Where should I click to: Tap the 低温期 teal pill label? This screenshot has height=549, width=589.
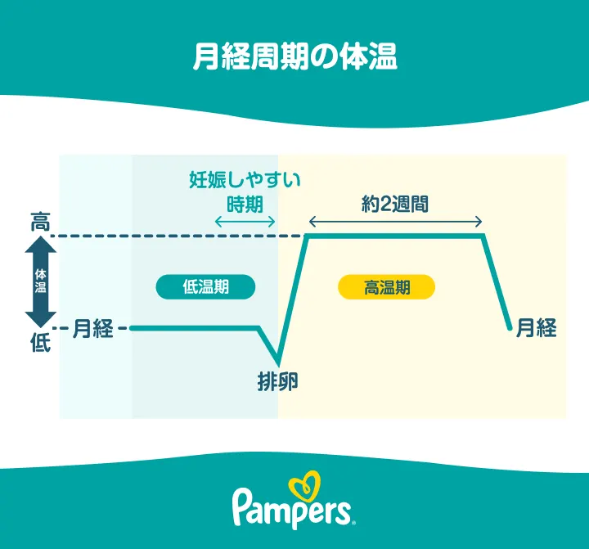pyautogui.click(x=205, y=286)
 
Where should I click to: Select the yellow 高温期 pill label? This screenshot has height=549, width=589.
pyautogui.click(x=386, y=286)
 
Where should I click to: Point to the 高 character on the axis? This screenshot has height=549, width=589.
pyautogui.click(x=40, y=221)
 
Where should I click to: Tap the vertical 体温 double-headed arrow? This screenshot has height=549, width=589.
pyautogui.click(x=40, y=282)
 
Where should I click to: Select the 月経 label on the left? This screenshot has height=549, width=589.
pyautogui.click(x=92, y=329)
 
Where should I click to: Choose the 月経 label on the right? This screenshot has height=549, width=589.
pyautogui.click(x=537, y=329)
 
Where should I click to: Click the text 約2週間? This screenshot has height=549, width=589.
pyautogui.click(x=395, y=203)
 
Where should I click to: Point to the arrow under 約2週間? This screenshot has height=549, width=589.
pyautogui.click(x=395, y=221)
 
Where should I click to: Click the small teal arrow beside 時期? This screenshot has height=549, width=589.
pyautogui.click(x=244, y=221)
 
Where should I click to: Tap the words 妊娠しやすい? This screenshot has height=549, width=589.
pyautogui.click(x=245, y=179)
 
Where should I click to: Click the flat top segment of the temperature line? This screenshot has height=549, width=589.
pyautogui.click(x=395, y=236)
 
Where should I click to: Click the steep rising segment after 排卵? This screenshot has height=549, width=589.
pyautogui.click(x=292, y=299)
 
